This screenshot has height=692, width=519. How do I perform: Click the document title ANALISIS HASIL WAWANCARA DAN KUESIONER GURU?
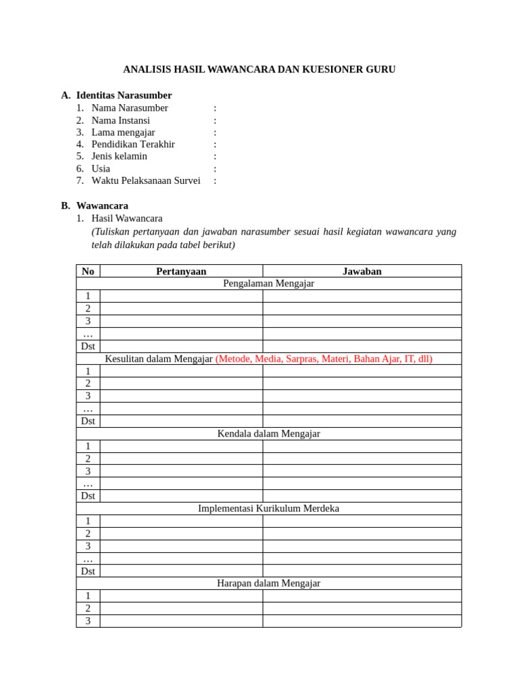click(x=259, y=70)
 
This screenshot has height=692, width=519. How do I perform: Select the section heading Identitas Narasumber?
click(x=124, y=95)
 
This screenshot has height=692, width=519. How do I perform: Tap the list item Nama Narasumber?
click(x=130, y=108)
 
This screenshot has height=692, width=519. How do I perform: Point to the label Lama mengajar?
click(x=123, y=132)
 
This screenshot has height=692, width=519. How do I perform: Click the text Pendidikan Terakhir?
click(x=133, y=144)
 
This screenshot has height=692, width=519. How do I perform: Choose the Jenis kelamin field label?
click(x=119, y=156)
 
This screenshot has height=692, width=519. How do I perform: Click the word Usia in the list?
click(x=101, y=168)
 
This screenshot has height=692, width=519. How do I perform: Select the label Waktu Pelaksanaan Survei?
click(x=146, y=180)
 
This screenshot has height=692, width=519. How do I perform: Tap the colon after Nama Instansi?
click(x=215, y=120)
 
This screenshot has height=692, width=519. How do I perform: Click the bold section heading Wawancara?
click(x=102, y=205)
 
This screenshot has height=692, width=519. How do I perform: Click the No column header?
click(x=88, y=271)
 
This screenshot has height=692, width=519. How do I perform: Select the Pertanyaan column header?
click(x=181, y=271)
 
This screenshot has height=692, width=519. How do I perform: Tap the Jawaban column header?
click(x=362, y=271)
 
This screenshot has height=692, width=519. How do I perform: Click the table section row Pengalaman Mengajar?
click(x=268, y=283)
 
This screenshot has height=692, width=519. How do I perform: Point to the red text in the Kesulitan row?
click(x=324, y=359)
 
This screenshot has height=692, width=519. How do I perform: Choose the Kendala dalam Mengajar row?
click(x=268, y=434)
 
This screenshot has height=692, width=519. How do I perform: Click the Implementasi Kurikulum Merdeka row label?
click(x=268, y=508)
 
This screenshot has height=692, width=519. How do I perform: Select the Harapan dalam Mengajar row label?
click(x=268, y=583)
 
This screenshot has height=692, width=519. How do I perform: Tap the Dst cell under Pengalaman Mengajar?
click(x=88, y=346)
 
